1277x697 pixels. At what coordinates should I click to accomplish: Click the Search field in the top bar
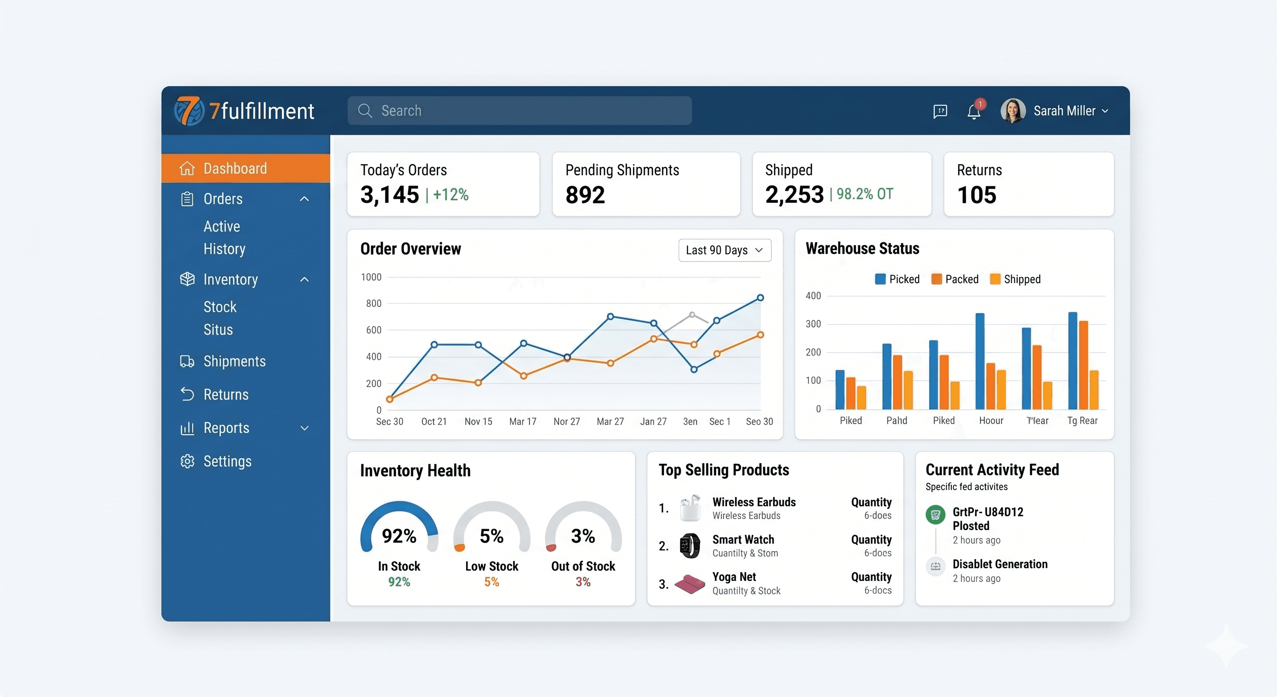click(519, 111)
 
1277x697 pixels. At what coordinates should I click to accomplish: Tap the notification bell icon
click(974, 112)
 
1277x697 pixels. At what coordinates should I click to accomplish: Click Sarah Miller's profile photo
click(1012, 111)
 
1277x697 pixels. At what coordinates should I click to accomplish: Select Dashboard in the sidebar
click(235, 169)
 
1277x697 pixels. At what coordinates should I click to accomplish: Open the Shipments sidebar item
click(234, 361)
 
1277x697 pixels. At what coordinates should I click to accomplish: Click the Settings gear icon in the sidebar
click(187, 461)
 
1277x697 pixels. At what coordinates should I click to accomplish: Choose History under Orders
click(224, 249)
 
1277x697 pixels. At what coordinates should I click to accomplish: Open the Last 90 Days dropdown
click(724, 250)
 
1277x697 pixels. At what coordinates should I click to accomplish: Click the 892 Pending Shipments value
click(585, 195)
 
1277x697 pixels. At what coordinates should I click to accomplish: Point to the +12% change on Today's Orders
click(451, 195)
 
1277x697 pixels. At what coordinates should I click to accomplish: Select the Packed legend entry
click(955, 279)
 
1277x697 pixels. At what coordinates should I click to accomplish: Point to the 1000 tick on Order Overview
click(371, 277)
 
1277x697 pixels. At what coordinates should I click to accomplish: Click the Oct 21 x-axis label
click(434, 422)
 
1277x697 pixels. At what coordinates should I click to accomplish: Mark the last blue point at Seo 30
click(760, 298)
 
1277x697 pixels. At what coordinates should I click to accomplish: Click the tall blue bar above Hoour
click(980, 361)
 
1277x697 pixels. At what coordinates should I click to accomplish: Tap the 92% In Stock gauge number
click(399, 536)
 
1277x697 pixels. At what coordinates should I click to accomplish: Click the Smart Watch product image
click(690, 546)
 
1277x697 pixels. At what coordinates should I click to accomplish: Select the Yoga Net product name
click(734, 577)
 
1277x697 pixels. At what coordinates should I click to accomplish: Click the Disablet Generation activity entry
click(999, 564)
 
